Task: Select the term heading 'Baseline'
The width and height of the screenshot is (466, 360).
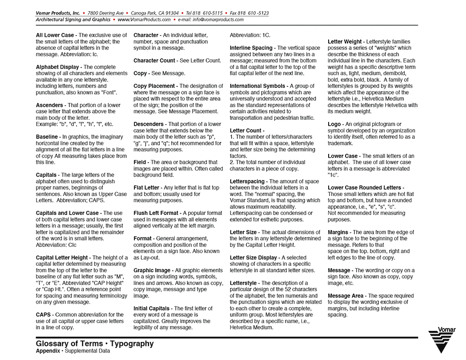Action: [47, 137]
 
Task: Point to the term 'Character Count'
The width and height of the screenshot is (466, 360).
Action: [154, 61]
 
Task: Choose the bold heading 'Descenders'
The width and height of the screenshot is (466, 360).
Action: [149, 124]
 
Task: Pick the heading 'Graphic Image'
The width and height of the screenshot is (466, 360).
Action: [152, 270]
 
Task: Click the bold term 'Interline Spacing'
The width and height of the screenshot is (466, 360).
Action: [251, 48]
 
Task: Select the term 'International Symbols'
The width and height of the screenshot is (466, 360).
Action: [257, 86]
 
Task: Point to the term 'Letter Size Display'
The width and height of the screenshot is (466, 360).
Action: [254, 258]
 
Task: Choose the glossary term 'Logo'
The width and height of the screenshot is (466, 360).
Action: [334, 124]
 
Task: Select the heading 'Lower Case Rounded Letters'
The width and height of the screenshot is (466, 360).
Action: [365, 188]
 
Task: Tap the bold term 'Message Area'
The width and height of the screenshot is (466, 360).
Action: [345, 295]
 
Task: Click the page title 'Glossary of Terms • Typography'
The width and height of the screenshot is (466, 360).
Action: [95, 344]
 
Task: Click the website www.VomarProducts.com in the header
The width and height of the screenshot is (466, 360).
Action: [144, 20]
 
